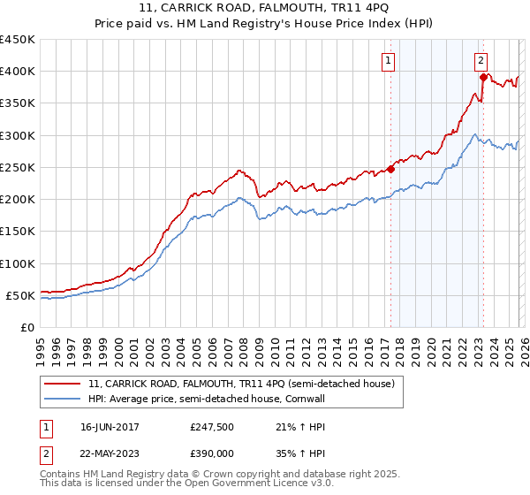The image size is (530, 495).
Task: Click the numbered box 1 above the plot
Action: pyautogui.click(x=389, y=61)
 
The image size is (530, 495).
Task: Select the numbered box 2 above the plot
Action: pyautogui.click(x=481, y=61)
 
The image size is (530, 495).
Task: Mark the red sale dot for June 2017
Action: pyautogui.click(x=390, y=169)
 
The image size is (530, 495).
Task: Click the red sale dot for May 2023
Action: pyautogui.click(x=483, y=78)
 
